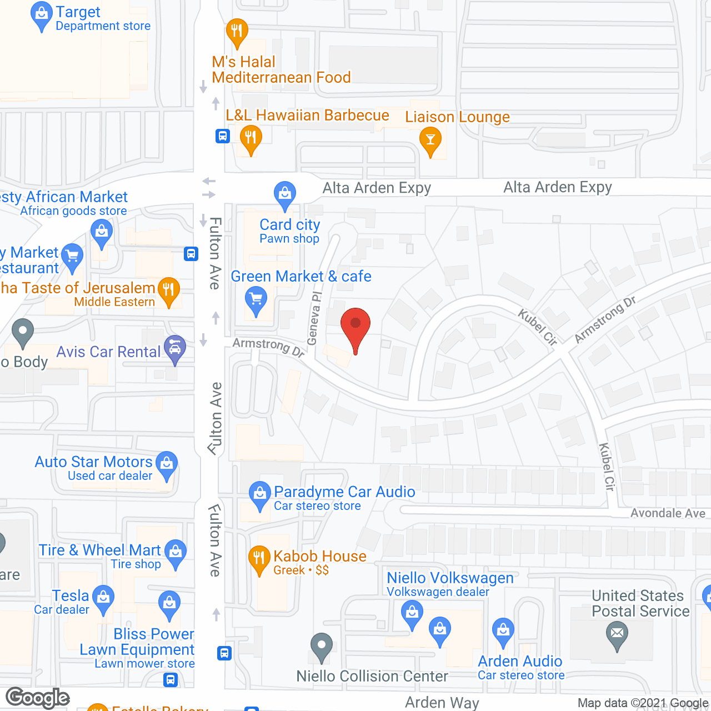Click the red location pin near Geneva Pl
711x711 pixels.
point(355,326)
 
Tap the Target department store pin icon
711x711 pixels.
point(42,15)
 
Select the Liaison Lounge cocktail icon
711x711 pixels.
point(430,140)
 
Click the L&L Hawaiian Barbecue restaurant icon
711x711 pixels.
point(251,138)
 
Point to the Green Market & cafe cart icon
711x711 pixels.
point(256,301)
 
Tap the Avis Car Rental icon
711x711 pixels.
point(175,349)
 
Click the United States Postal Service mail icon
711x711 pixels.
point(617,634)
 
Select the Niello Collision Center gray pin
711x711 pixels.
point(321,646)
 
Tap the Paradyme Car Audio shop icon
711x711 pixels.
point(259,494)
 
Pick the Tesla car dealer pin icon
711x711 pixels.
point(103,598)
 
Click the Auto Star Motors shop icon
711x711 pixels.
point(167,464)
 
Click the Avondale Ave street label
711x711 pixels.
point(668,513)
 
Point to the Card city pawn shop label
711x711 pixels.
point(289,231)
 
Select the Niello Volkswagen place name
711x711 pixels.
point(450,578)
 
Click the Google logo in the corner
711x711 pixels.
point(38,698)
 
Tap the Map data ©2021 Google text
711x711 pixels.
point(643,703)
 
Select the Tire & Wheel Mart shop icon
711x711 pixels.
point(176,552)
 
